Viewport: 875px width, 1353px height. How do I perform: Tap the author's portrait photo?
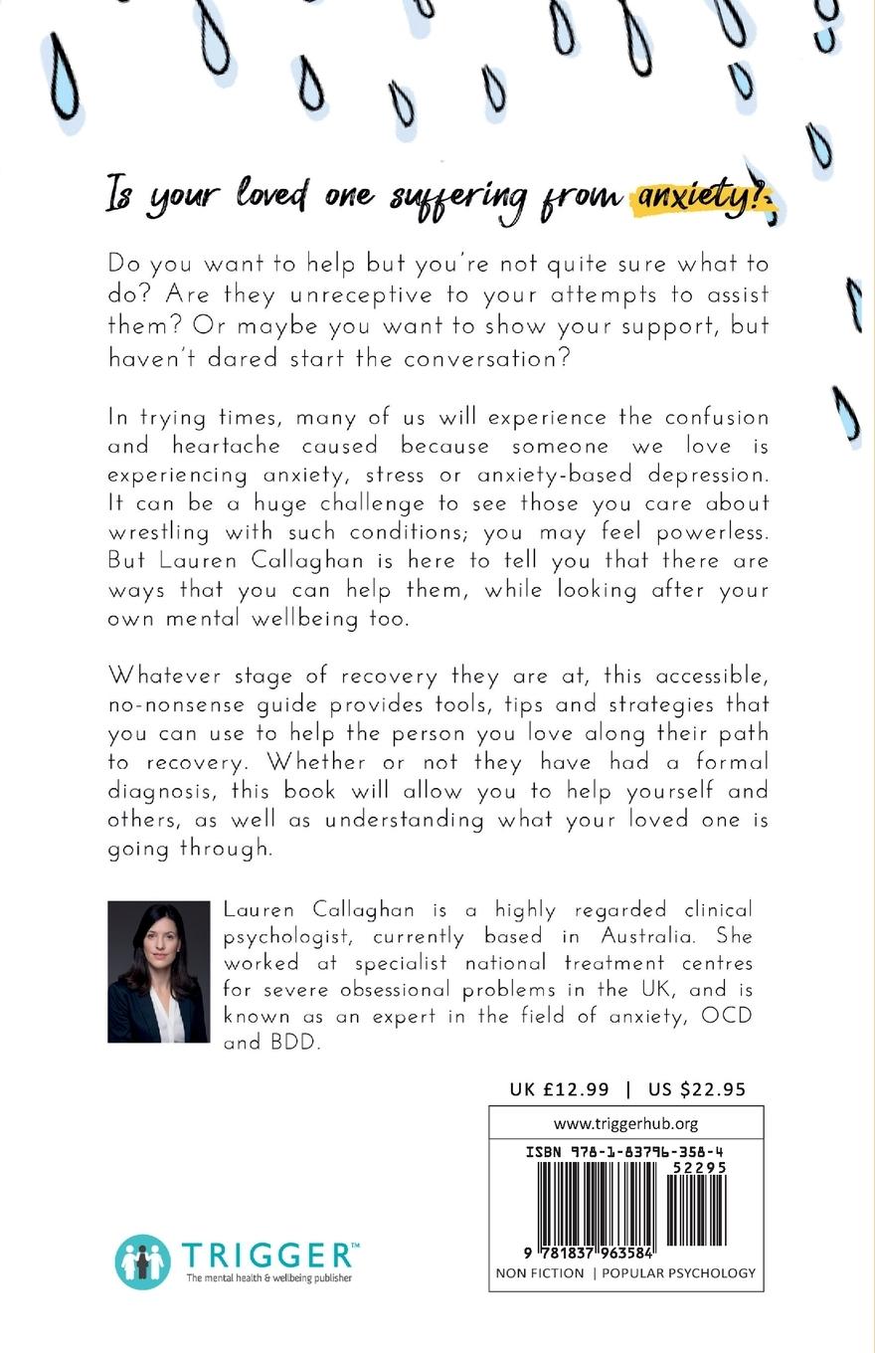158,972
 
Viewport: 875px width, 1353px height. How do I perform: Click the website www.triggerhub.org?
625,1123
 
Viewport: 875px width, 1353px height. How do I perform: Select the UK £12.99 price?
559,1088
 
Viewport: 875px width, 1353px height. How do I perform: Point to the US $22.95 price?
696,1088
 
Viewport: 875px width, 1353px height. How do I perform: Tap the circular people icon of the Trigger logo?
142,1261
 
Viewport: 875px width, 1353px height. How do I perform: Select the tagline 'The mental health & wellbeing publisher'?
268,1278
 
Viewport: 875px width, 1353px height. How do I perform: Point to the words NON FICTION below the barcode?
540,1272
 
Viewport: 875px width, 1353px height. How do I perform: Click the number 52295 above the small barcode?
699,1168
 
